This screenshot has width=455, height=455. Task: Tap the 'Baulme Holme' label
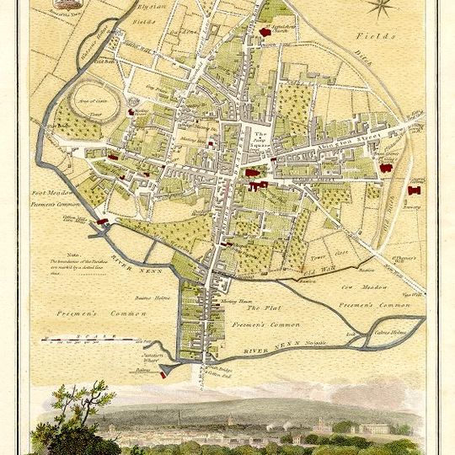151,297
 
